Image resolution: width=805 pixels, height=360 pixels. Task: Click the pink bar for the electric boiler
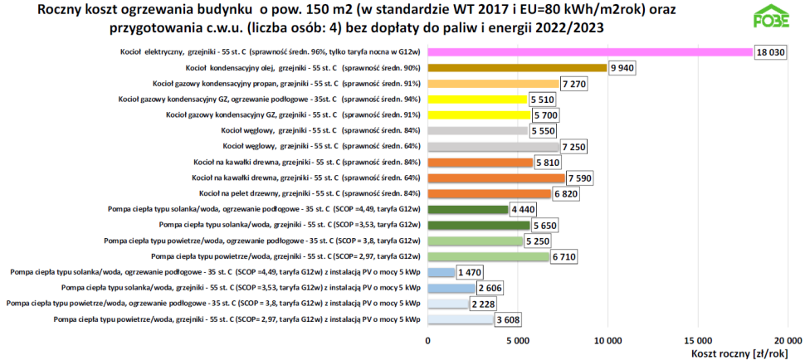click(590, 52)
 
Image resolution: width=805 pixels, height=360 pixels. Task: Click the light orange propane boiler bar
click(493, 84)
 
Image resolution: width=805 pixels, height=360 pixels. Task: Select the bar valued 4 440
click(467, 209)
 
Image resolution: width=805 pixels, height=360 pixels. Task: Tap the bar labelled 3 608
click(461, 319)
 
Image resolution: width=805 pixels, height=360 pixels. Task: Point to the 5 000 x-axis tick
click(518, 340)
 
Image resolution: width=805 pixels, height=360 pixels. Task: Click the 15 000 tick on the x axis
click(698, 340)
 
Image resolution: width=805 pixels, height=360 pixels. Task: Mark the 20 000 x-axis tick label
click(788, 340)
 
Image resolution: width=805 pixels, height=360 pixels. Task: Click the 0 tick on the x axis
click(428, 340)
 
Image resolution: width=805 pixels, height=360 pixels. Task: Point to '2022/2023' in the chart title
click(569, 27)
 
